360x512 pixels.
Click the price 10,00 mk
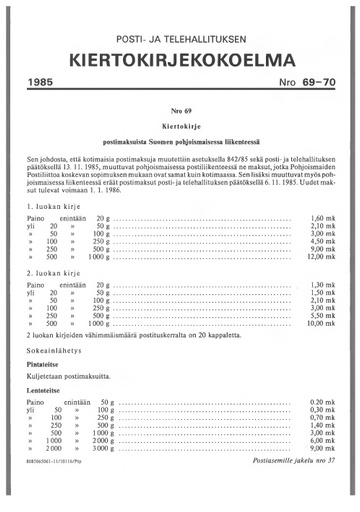tap(320, 325)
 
